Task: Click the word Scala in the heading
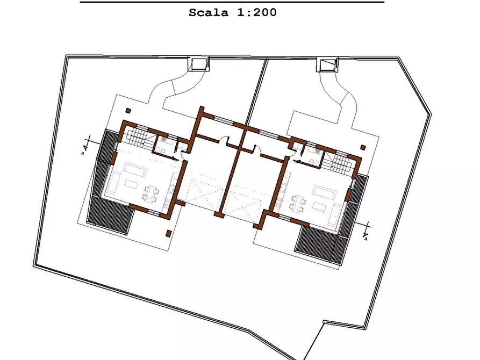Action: pyautogui.click(x=208, y=12)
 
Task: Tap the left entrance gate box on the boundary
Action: pyautogui.click(x=197, y=64)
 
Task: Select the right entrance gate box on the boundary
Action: pyautogui.click(x=326, y=65)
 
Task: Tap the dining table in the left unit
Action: pyautogui.click(x=150, y=194)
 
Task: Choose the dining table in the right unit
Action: pyautogui.click(x=298, y=203)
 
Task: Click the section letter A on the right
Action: pyautogui.click(x=366, y=240)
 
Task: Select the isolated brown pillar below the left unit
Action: pyautogui.click(x=169, y=233)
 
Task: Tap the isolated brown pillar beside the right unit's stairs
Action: pyautogui.click(x=363, y=146)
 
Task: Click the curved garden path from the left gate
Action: pyautogui.click(x=173, y=89)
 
